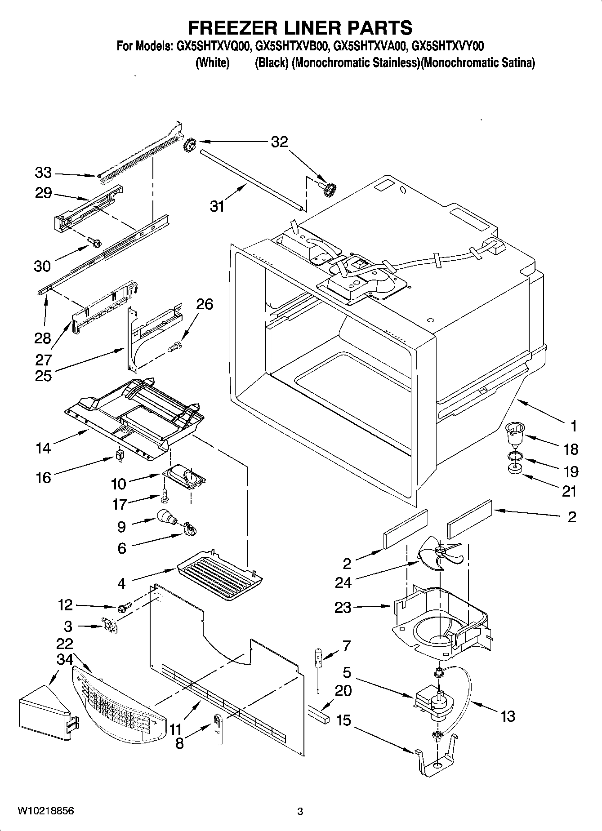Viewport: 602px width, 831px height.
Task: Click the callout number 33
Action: [x=43, y=173]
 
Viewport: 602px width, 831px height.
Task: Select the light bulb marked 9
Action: [x=166, y=518]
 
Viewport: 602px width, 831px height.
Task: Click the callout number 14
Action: [x=43, y=448]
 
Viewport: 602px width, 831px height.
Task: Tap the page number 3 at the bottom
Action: [x=300, y=812]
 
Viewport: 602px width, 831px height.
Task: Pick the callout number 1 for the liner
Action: [x=573, y=426]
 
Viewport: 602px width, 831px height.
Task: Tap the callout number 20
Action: [x=343, y=690]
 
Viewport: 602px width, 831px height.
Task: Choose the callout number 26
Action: [x=204, y=304]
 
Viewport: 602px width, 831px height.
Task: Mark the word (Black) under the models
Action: [x=271, y=63]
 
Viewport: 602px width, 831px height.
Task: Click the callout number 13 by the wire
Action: [x=507, y=716]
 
